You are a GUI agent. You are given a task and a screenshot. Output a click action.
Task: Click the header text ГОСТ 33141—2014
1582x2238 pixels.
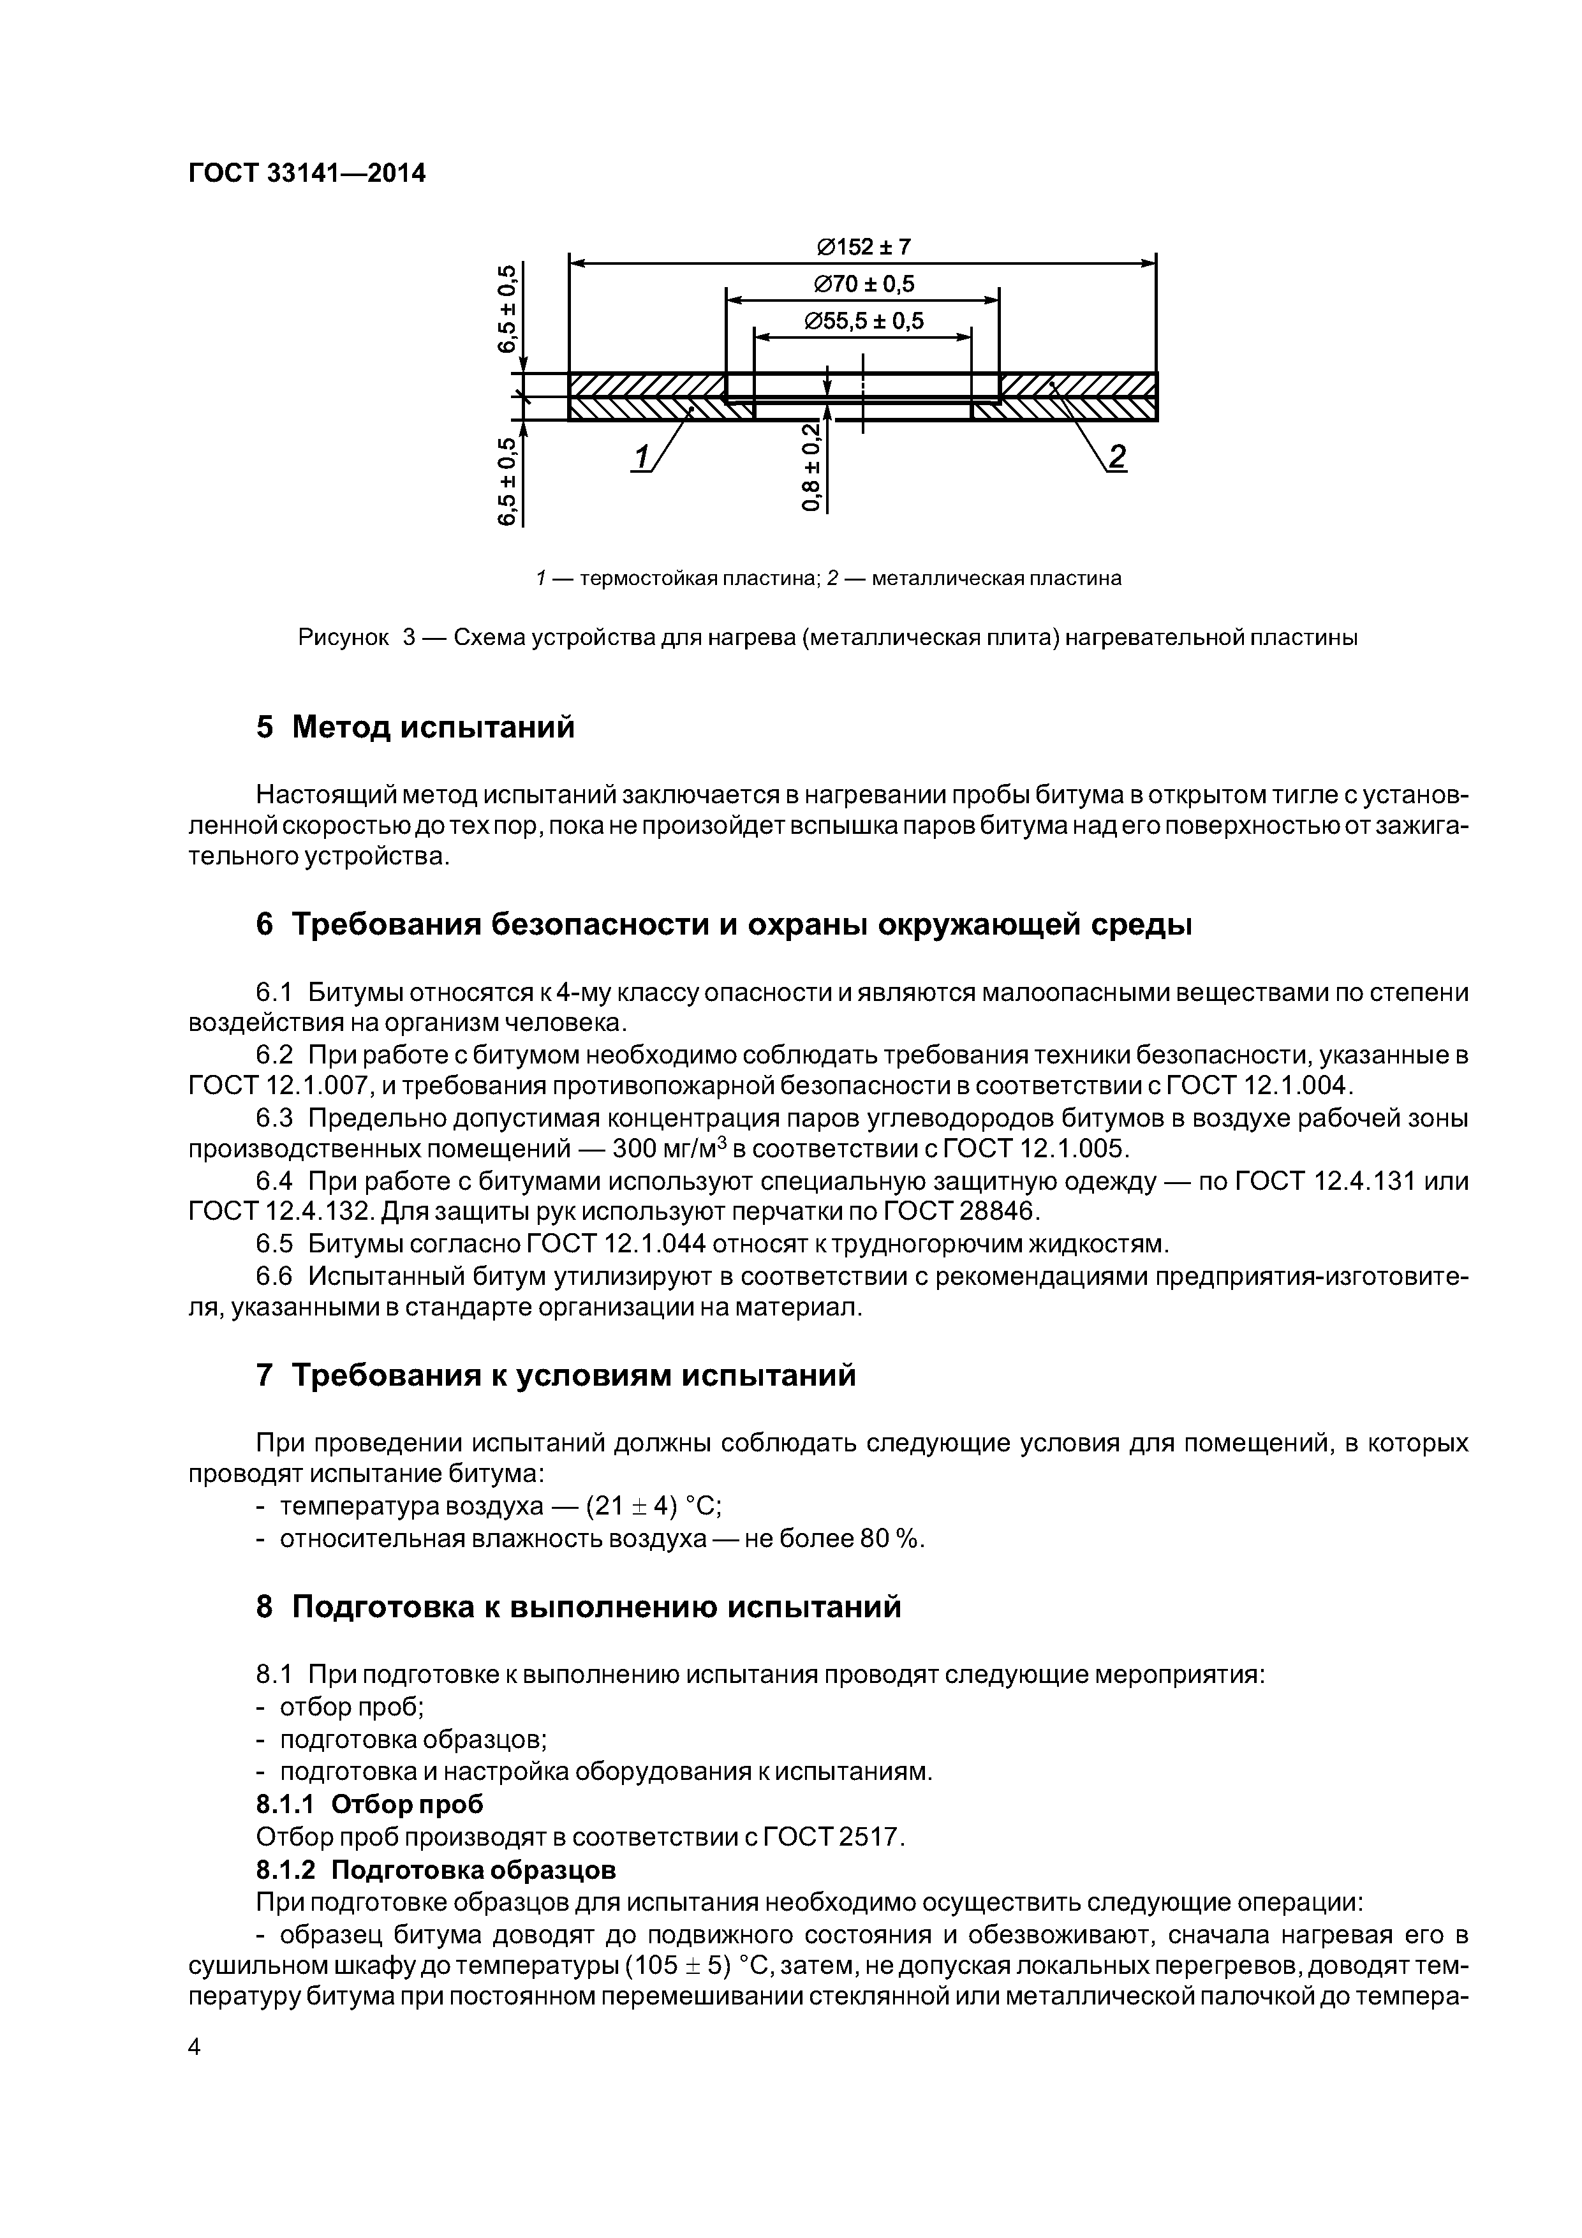pos(306,174)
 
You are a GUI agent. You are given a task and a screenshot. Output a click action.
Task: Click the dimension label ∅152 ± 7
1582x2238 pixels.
pos(862,248)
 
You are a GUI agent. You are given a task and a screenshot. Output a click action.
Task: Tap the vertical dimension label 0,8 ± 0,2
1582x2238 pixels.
pos(811,467)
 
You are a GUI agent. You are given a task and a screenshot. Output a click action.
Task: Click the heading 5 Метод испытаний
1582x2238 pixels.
pos(414,727)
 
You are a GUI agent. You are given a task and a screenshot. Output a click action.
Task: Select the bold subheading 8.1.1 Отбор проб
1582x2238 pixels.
pos(369,1804)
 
